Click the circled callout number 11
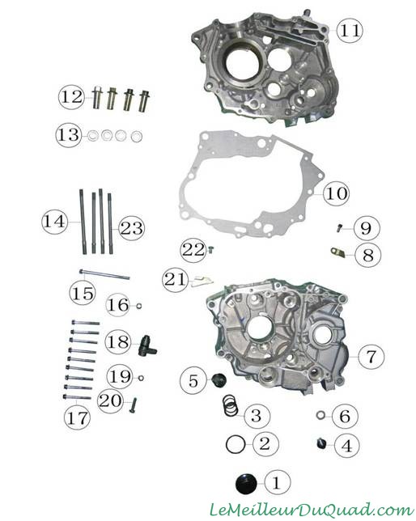[349, 30]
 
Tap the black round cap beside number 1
[246, 484]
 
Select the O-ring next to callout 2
[236, 445]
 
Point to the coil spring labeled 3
[231, 405]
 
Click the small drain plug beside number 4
[320, 443]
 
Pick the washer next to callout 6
[320, 415]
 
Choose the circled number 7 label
[371, 356]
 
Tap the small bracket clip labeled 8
[337, 252]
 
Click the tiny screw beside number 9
[339, 228]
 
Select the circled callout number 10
[336, 193]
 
